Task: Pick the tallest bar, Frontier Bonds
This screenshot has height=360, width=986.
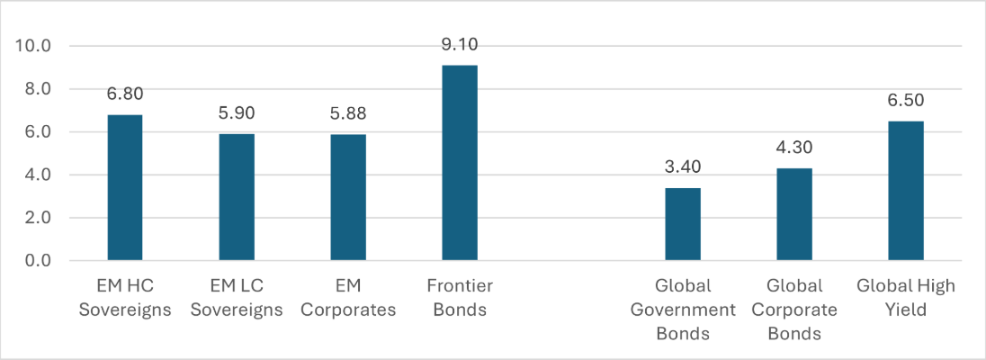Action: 459,163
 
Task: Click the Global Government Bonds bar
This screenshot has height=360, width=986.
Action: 682,224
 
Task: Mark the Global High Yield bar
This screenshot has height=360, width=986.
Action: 905,191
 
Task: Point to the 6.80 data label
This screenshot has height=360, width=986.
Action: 124,94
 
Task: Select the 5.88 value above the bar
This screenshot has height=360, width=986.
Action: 347,113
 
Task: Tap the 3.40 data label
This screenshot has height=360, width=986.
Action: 682,166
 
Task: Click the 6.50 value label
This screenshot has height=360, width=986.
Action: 905,100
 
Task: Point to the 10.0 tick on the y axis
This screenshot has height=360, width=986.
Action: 34,46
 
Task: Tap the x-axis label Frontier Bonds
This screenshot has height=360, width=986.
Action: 459,297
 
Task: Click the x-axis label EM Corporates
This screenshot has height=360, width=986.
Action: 347,297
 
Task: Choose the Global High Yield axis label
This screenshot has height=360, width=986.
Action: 905,297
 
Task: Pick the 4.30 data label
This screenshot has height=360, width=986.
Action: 793,147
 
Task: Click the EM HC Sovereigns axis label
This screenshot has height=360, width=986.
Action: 124,297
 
